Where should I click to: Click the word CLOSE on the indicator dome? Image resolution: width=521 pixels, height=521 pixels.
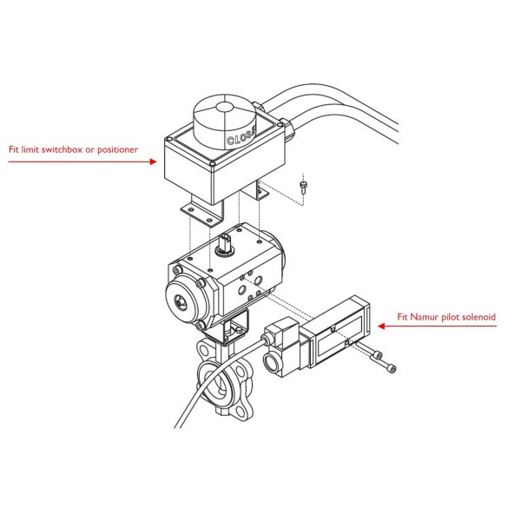[x=241, y=136]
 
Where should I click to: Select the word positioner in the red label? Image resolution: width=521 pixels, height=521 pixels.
[x=117, y=150]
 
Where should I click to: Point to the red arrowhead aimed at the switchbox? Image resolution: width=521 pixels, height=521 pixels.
[x=153, y=162]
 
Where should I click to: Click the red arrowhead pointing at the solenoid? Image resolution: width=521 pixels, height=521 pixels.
[x=381, y=326]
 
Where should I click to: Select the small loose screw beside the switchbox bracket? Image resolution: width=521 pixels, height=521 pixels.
[x=303, y=187]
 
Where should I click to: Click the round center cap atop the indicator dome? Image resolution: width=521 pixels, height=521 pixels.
[x=224, y=108]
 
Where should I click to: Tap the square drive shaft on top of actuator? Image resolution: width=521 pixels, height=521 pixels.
[x=226, y=241]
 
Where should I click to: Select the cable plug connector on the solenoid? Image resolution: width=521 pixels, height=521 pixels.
[x=275, y=333]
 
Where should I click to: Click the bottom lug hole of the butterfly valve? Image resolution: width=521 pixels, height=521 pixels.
[x=241, y=411]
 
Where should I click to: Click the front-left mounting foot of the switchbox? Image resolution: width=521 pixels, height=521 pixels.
[x=199, y=214]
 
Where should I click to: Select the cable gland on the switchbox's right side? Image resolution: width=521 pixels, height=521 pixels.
[x=287, y=127]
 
